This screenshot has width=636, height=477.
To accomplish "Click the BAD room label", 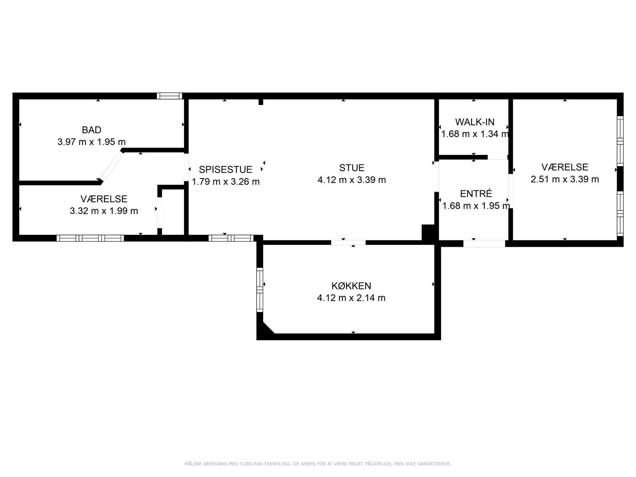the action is [92, 130].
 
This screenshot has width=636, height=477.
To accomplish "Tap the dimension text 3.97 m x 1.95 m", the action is [92, 142].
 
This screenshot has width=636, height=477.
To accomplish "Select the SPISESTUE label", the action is [225, 169].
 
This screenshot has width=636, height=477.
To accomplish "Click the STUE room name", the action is [352, 168].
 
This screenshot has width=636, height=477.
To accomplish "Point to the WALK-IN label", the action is [475, 122].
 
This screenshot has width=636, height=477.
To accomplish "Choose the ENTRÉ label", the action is [476, 194].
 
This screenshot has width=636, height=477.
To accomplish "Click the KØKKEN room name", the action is [351, 286].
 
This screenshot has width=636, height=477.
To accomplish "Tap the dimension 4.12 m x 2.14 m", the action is [351, 298].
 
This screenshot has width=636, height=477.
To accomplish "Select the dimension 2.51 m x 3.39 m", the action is [565, 179].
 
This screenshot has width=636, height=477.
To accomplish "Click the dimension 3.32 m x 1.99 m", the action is [104, 211].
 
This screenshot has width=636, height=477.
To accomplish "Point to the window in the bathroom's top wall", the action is [169, 96].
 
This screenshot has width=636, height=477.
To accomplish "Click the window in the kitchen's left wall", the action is [259, 290].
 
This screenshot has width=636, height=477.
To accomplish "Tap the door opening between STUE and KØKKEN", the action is [348, 243].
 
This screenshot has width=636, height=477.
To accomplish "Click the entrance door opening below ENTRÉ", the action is [484, 243].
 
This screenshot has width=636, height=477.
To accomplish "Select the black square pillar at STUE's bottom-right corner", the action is [428, 233].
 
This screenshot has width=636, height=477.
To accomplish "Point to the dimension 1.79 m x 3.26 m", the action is [226, 182].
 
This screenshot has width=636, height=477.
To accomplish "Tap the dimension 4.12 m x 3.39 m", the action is [352, 180].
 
